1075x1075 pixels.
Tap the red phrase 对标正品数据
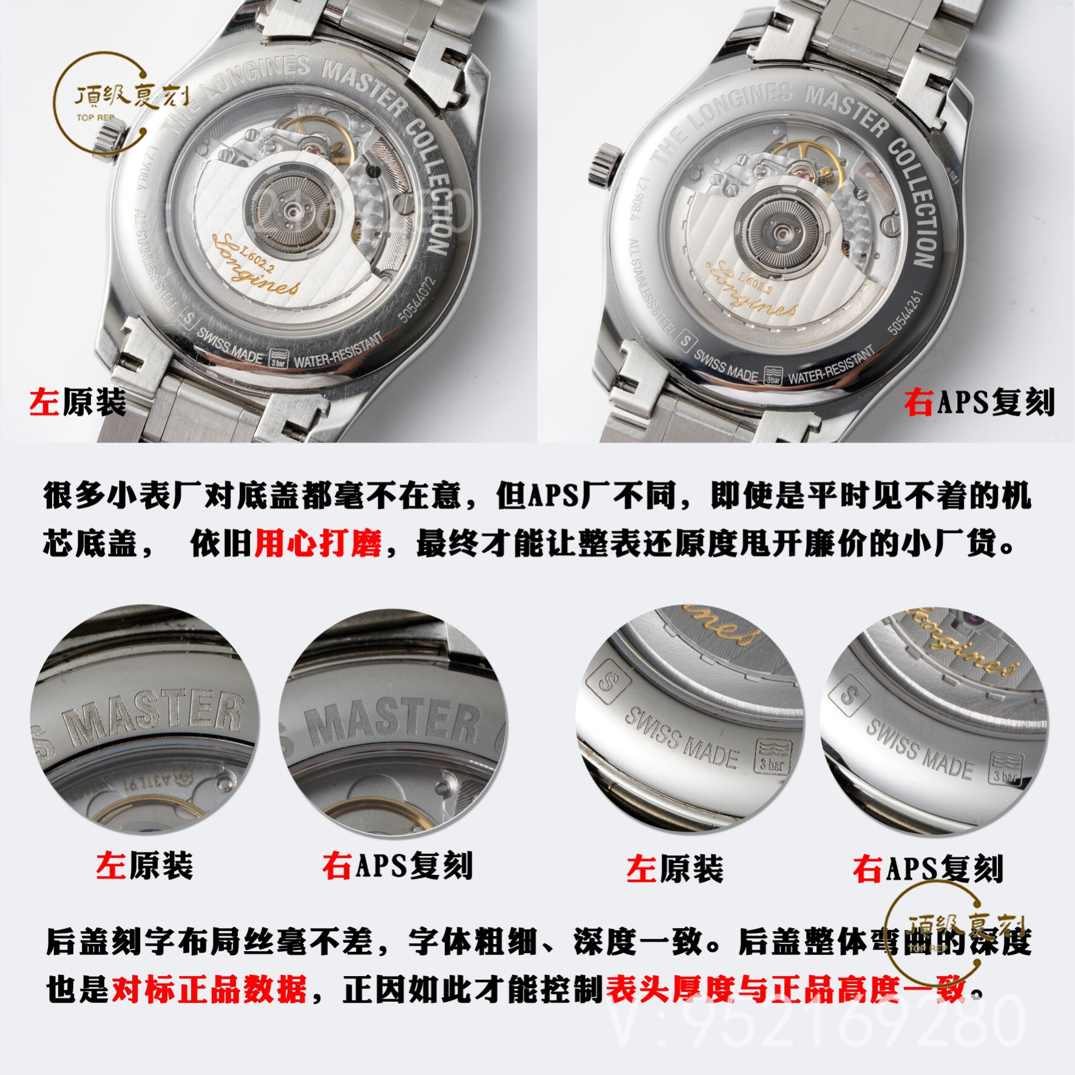209,990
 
